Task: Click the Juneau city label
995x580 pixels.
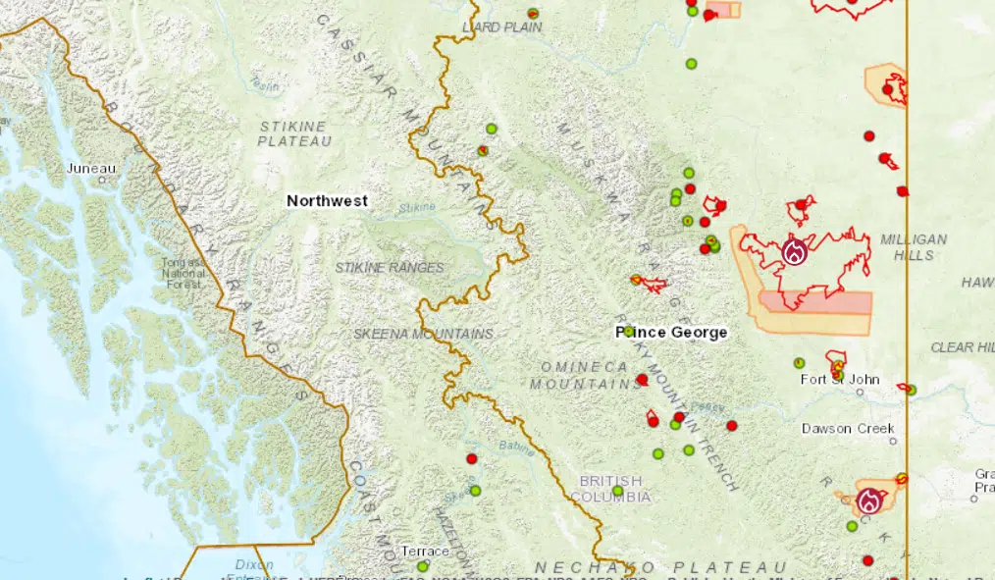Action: (90, 168)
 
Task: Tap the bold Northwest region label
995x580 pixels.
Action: (327, 200)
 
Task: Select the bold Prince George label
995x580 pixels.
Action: (672, 333)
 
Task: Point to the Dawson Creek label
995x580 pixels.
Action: (848, 428)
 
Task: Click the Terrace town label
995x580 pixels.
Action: (425, 552)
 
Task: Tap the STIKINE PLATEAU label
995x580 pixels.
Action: (293, 133)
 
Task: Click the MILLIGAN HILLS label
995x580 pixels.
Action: (913, 246)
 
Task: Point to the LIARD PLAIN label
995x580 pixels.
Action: (501, 27)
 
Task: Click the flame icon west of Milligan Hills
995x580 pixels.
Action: (794, 252)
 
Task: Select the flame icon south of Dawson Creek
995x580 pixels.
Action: (869, 501)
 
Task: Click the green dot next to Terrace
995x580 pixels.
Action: (423, 566)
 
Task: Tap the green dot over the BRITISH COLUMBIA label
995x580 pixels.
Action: (617, 491)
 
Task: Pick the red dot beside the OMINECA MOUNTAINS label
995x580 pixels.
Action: (642, 379)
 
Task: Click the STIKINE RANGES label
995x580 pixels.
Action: (390, 267)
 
